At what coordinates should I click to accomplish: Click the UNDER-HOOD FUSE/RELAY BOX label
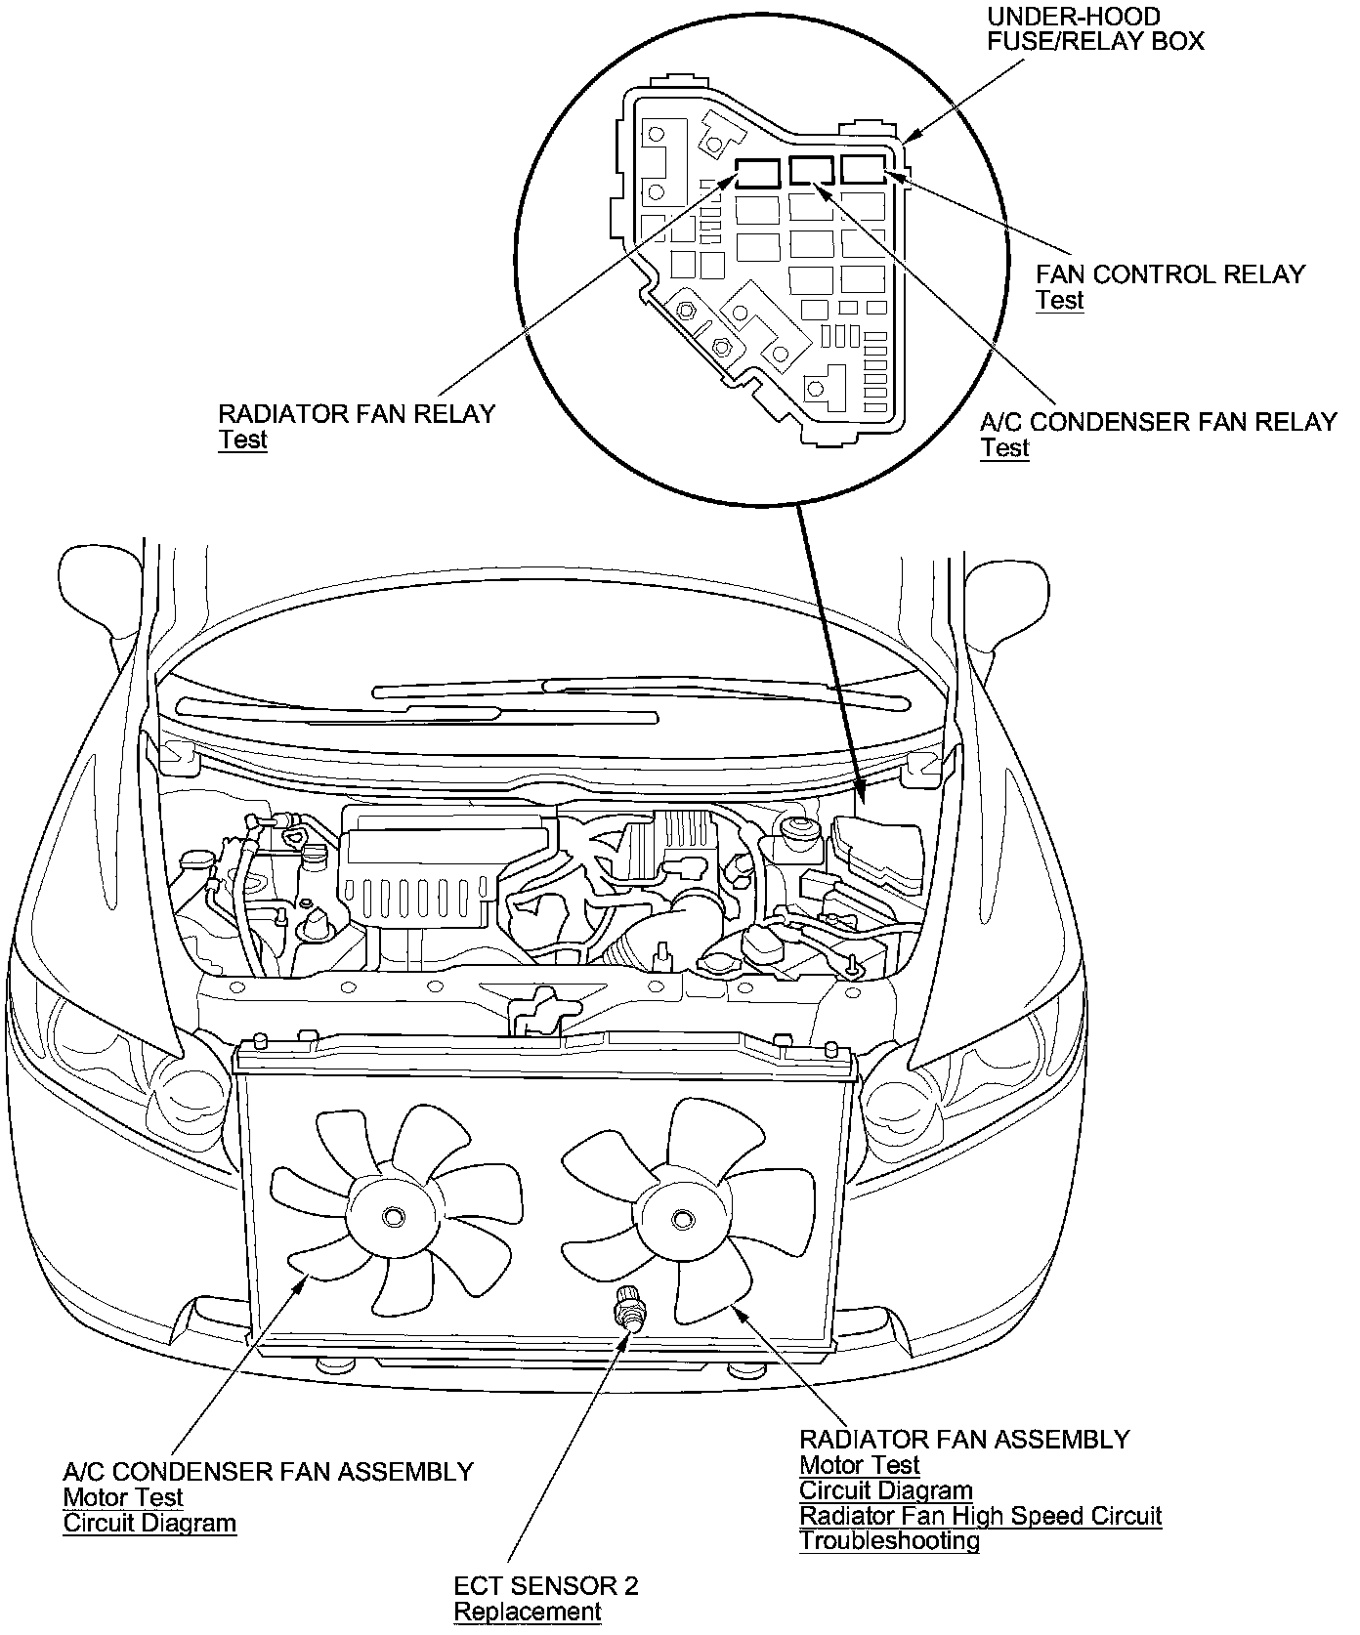pos(1094,29)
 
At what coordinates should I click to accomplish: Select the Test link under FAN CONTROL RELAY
pos(1059,300)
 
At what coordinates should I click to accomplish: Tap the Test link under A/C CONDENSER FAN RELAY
pos(1004,448)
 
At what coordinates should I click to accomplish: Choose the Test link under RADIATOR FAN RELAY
pos(242,440)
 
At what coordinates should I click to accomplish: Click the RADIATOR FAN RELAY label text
pos(357,413)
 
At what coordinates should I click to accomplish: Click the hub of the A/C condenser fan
pos(393,1216)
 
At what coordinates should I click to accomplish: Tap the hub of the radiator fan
pos(681,1217)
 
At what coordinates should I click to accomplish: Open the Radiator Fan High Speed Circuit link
pos(980,1515)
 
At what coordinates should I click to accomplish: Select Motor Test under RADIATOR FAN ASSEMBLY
pos(859,1465)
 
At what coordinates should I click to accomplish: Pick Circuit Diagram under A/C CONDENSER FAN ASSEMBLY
pos(149,1523)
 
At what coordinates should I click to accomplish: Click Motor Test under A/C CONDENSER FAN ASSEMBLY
pos(123,1497)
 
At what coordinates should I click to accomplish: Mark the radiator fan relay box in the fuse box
pos(757,173)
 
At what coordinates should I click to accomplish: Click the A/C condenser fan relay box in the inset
pos(811,171)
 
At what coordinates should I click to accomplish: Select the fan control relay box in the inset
pos(864,170)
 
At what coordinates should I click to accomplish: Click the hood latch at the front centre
pos(534,1011)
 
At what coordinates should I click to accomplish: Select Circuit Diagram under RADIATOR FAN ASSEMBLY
pos(885,1490)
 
